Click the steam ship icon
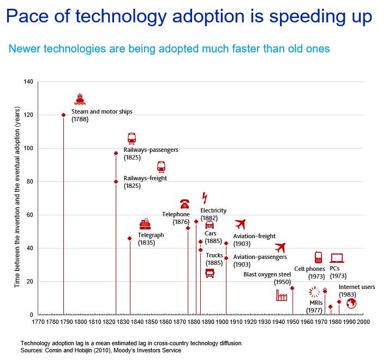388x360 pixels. [x=80, y=99]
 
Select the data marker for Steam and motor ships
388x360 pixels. [x=63, y=115]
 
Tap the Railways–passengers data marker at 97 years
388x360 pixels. [x=116, y=154]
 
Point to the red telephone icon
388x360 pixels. [x=184, y=204]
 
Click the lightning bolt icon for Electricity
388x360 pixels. [x=205, y=198]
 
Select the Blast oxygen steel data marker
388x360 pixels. [x=292, y=288]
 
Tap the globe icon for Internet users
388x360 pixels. [x=351, y=303]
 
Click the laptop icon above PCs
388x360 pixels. [x=337, y=258]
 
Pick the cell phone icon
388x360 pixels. [x=318, y=257]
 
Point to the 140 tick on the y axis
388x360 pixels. [x=28, y=82]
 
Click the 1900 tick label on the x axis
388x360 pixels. [x=222, y=322]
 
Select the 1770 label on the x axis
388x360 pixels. [x=38, y=322]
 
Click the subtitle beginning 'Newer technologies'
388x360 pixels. [x=169, y=49]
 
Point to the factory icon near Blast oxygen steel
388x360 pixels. [x=282, y=296]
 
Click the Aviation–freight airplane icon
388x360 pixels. [x=240, y=224]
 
